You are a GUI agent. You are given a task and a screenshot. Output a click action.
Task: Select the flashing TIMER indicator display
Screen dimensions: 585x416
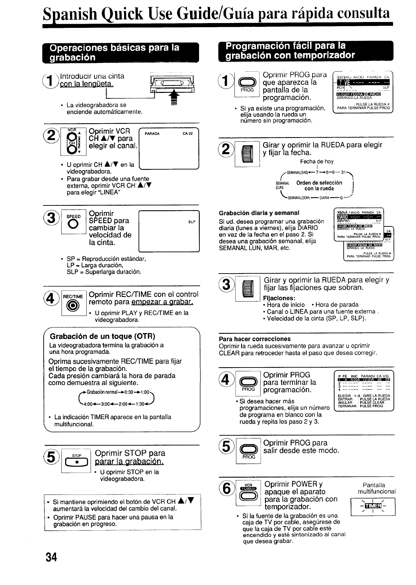373,506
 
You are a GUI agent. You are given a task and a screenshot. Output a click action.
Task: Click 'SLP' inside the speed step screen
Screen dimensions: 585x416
192,222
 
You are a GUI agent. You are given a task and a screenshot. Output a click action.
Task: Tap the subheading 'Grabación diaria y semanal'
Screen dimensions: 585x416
259,213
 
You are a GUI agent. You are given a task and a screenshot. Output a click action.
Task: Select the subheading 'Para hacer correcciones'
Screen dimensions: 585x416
255,339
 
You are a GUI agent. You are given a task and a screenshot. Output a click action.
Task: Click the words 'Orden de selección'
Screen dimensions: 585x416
319,183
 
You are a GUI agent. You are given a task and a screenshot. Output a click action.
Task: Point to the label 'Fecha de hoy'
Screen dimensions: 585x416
317,161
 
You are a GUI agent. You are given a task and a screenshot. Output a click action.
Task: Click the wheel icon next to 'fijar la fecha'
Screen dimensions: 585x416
248,155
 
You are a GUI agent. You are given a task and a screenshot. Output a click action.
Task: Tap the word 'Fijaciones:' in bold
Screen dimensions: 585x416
279,298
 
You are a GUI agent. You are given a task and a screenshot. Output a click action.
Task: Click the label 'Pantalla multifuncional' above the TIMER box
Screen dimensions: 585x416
376,488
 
